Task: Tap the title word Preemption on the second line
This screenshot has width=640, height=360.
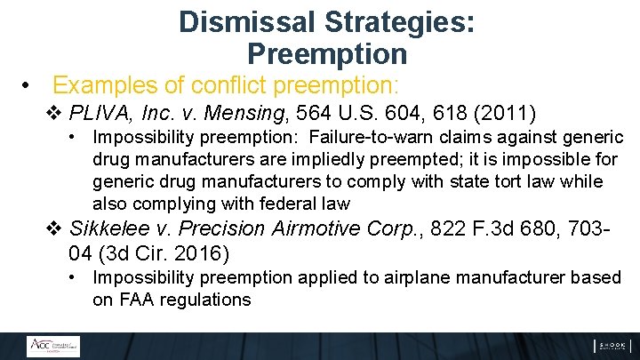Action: point(326,54)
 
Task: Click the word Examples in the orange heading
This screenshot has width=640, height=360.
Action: point(101,86)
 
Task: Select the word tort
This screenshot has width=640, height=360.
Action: point(491,182)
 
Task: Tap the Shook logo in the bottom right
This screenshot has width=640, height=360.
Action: point(612,347)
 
